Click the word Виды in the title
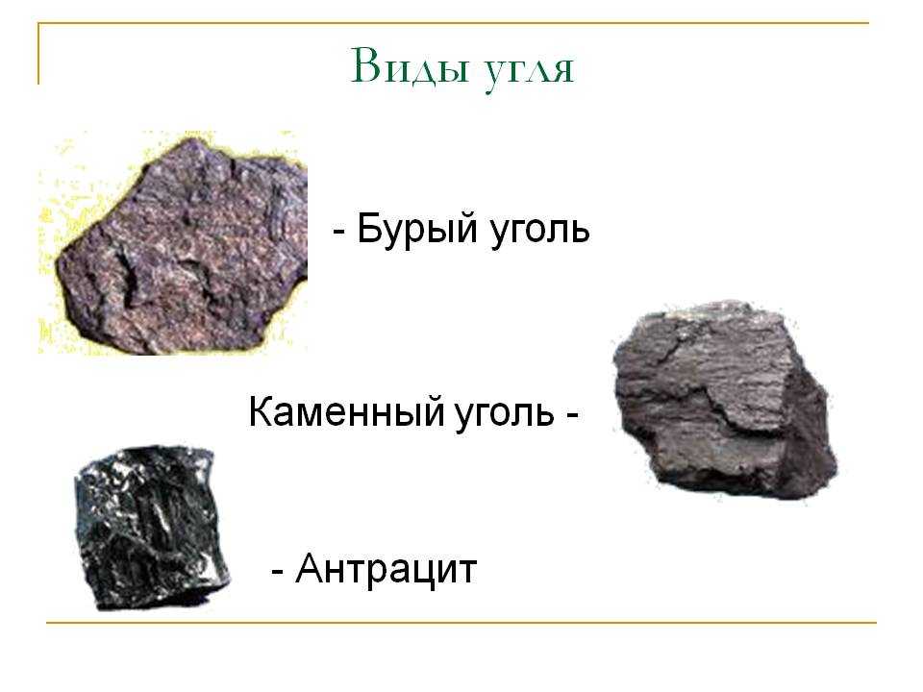(x=410, y=66)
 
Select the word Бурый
(x=416, y=230)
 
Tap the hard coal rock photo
(x=724, y=400)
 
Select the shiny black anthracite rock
(x=152, y=528)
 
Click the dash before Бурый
(x=338, y=230)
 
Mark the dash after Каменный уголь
(x=571, y=413)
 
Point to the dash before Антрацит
(x=278, y=570)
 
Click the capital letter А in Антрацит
(x=310, y=568)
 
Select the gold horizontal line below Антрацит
(x=461, y=622)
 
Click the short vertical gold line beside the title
(x=38, y=54)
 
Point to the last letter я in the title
(x=562, y=70)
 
